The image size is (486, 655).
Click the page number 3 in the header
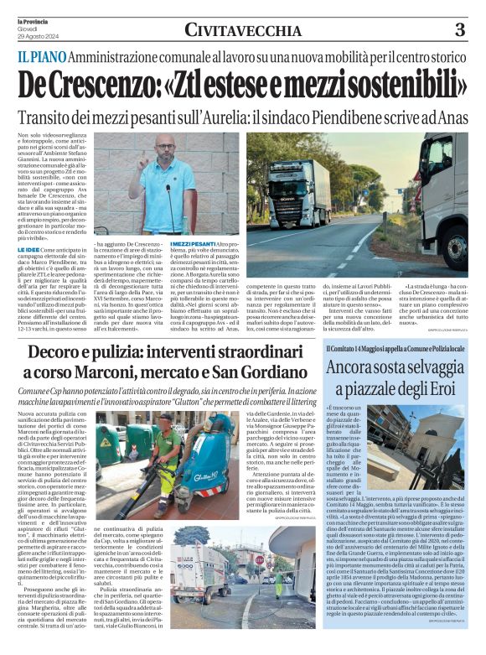(x=459, y=30)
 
